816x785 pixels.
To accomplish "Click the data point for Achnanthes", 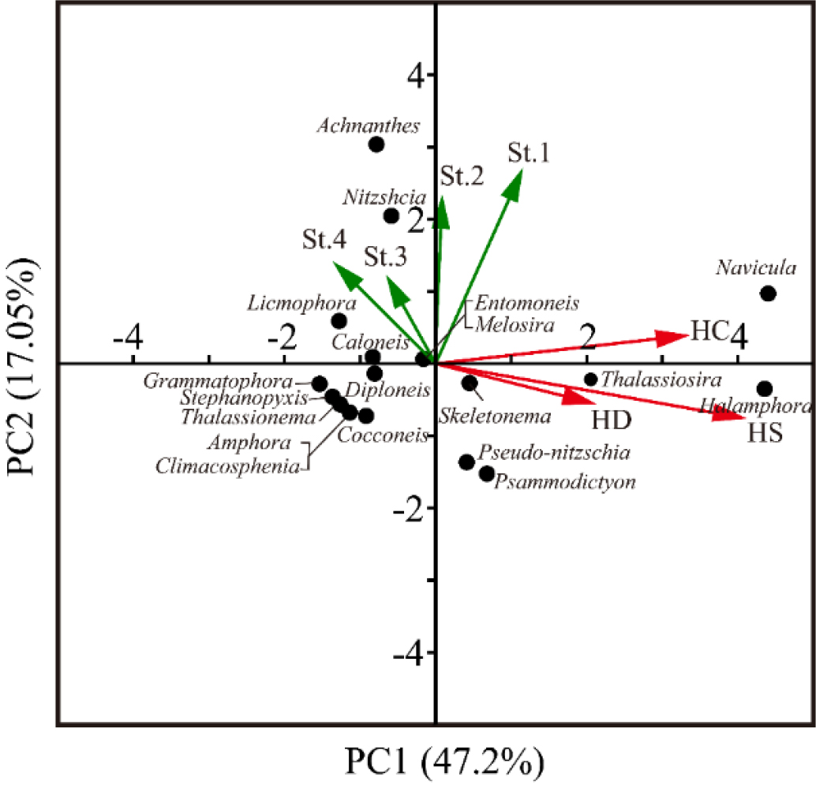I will coord(376,144).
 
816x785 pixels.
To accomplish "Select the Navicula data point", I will coord(768,293).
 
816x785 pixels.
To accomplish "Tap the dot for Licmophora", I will coord(339,321).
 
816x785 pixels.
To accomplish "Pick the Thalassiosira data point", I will coord(591,379).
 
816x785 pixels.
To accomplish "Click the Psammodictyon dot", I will coord(487,473).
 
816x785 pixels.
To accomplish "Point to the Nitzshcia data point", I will coord(391,216).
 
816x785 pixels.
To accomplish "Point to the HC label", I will coord(707,331).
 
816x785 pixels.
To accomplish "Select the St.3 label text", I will coord(386,257).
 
